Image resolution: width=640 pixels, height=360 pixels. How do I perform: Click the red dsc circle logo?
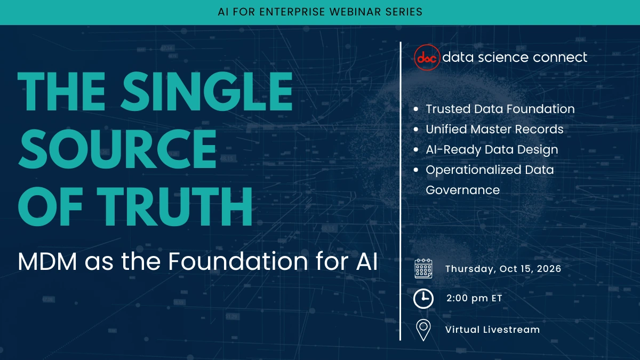click(427, 57)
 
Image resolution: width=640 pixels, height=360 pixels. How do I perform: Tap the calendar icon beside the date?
click(423, 268)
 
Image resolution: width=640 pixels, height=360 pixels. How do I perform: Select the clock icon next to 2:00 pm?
click(423, 299)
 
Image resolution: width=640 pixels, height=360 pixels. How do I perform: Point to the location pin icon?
click(423, 330)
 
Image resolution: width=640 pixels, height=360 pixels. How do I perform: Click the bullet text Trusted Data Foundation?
click(500, 109)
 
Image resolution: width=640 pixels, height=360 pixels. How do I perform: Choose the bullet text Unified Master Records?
click(494, 129)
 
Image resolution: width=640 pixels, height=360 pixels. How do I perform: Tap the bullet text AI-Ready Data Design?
click(491, 149)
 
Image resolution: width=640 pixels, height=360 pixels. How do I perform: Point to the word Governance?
click(462, 190)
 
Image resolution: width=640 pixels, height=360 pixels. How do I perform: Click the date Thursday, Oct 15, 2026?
click(503, 269)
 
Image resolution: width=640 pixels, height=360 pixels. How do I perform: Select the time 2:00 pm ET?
click(474, 299)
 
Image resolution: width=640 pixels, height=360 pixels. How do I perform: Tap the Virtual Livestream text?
click(492, 330)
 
